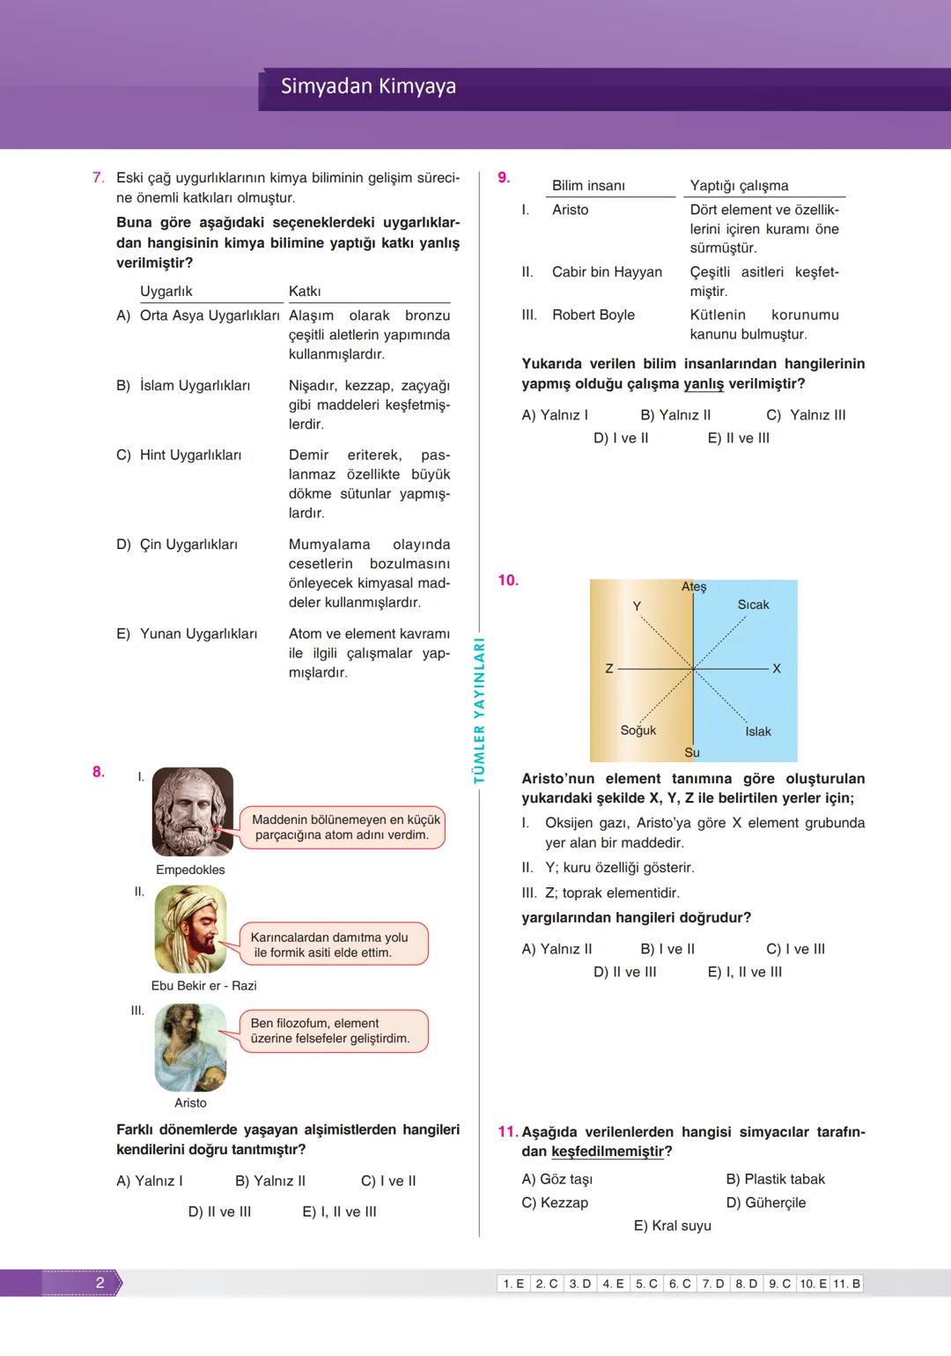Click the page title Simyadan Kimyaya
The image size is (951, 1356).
(x=368, y=86)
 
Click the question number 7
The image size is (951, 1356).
(x=99, y=178)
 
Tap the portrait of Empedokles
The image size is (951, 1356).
(x=193, y=811)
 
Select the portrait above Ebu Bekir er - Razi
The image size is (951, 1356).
(x=190, y=929)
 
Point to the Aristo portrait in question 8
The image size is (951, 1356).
(x=190, y=1048)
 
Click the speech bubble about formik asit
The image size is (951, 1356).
(x=333, y=945)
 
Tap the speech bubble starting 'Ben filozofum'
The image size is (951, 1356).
(x=333, y=1031)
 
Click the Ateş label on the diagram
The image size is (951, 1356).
(x=694, y=587)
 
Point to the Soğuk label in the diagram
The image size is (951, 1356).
(x=638, y=730)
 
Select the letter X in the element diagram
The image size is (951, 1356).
(x=777, y=669)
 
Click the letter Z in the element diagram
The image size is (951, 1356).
(x=609, y=669)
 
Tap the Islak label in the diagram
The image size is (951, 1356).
(x=757, y=731)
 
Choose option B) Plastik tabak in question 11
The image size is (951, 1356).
(x=775, y=1179)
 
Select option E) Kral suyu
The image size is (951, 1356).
(x=673, y=1226)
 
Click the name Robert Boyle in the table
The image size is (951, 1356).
(x=593, y=315)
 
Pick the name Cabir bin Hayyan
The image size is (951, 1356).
(x=607, y=271)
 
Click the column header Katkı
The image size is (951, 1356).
(x=305, y=291)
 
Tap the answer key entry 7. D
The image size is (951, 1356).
(x=713, y=1284)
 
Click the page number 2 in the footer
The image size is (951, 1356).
(x=100, y=1283)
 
